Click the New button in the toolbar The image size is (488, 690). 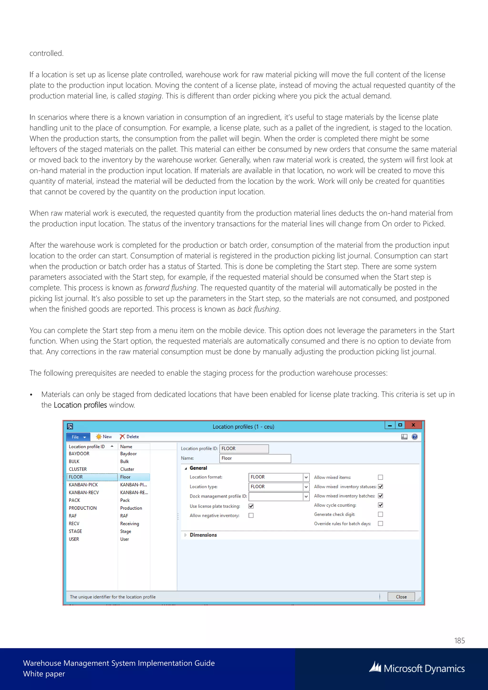click(x=104, y=437)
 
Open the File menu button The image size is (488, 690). click(x=79, y=437)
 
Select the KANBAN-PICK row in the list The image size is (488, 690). click(x=83, y=485)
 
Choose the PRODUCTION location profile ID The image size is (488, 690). click(x=83, y=508)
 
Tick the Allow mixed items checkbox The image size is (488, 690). click(x=381, y=477)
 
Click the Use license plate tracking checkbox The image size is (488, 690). click(x=251, y=506)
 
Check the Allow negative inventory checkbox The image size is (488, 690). click(x=251, y=515)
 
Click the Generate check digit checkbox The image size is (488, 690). click(x=381, y=514)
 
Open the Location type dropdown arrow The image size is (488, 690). click(x=306, y=487)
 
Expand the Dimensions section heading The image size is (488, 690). click(x=203, y=535)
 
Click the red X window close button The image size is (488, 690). click(x=413, y=425)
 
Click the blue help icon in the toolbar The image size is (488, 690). click(x=414, y=437)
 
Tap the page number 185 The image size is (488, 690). click(x=459, y=641)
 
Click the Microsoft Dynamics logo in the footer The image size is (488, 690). click(x=417, y=668)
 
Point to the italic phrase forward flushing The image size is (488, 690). click(x=170, y=288)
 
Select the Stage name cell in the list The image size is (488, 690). click(x=126, y=531)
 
